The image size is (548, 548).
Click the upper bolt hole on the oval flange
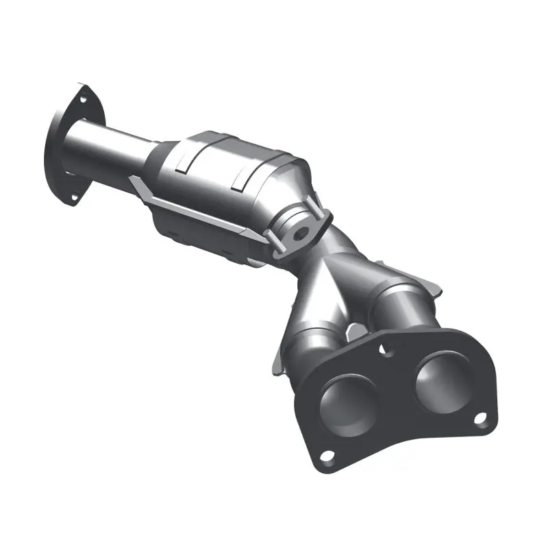[x=83, y=100]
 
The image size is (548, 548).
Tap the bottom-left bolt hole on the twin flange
[x=327, y=456]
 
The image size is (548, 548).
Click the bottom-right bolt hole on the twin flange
[x=481, y=417]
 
